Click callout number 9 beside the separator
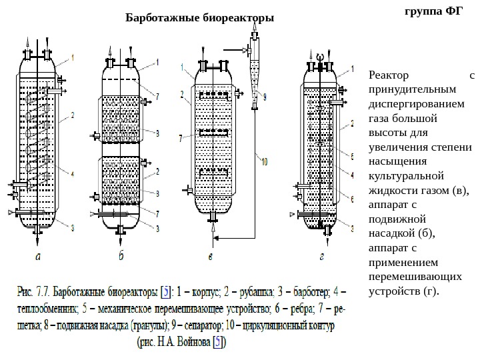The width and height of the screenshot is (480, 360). (264, 97)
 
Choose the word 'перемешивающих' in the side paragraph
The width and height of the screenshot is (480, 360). (407, 277)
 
